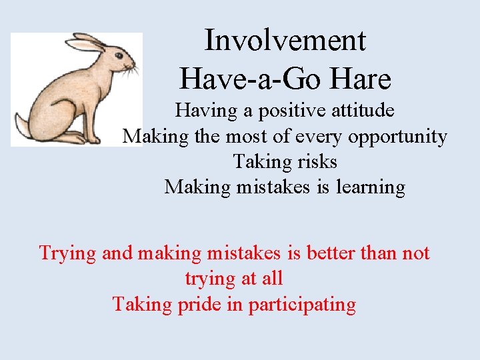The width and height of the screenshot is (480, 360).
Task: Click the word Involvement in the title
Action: click(285, 40)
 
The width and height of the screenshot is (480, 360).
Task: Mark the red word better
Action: click(325, 253)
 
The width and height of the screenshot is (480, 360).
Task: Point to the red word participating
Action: click(302, 305)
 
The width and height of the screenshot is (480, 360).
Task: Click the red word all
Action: click(272, 278)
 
